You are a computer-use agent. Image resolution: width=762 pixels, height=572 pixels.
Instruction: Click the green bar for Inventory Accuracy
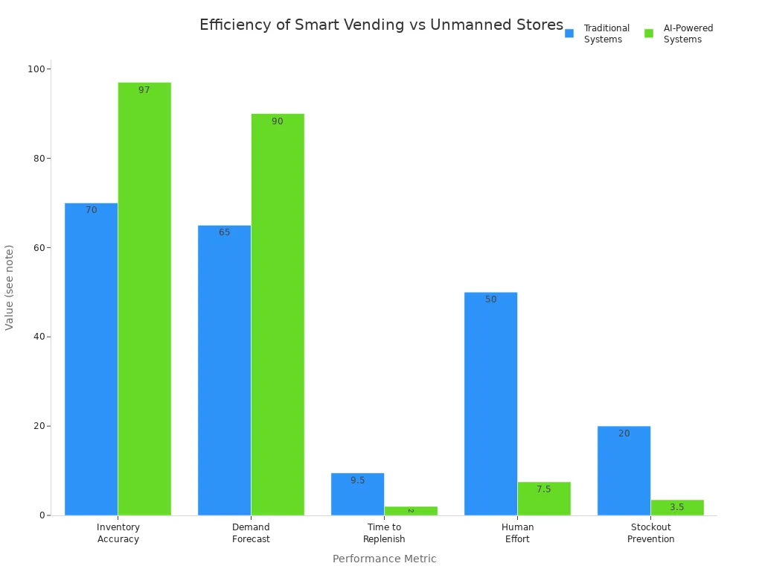[144, 298]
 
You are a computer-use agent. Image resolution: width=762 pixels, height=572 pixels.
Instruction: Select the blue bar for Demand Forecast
[224, 370]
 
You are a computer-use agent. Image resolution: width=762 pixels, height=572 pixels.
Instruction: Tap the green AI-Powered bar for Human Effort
[544, 498]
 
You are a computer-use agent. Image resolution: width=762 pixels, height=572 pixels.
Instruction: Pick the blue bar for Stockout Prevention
[624, 471]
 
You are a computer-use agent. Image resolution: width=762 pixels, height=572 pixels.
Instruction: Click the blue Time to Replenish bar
[357, 494]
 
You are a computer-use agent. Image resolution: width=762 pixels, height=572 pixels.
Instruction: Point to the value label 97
[144, 90]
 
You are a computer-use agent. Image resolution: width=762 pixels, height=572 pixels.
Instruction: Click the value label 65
[224, 232]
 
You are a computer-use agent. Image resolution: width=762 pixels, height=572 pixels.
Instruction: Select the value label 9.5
[357, 480]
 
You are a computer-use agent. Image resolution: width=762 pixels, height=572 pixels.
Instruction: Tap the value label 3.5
[676, 507]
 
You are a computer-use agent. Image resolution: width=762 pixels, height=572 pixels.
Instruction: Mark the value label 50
[490, 299]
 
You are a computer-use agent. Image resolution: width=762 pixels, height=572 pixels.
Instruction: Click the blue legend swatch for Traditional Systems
[569, 34]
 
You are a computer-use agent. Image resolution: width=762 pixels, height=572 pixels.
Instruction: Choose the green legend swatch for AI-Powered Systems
[649, 34]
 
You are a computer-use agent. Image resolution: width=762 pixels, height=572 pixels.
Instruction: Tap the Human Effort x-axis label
[517, 533]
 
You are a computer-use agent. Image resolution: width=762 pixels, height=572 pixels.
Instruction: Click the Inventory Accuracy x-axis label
[118, 533]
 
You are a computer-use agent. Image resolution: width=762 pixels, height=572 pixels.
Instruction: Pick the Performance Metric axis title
[384, 559]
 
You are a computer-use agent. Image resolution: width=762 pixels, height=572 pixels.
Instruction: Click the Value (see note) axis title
[10, 287]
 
